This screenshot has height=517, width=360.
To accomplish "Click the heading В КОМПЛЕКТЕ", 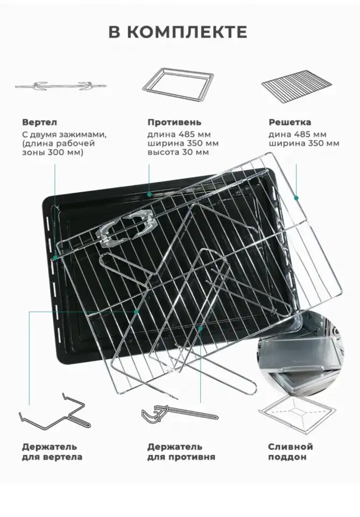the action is pyautogui.click(x=178, y=32).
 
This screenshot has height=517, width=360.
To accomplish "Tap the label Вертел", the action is pyautogui.click(x=39, y=122).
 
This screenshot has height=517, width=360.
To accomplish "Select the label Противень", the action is pyautogui.click(x=174, y=122).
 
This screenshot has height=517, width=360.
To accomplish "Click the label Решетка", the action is pyautogui.click(x=290, y=122).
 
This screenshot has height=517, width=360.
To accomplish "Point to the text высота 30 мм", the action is pyautogui.click(x=178, y=152).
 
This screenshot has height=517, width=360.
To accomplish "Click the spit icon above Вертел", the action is pyautogui.click(x=61, y=86).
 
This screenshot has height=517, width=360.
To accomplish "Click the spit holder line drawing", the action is pyautogui.click(x=55, y=411).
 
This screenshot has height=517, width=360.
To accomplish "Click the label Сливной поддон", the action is pyautogui.click(x=290, y=452).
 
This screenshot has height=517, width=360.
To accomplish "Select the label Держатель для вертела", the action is pyautogui.click(x=52, y=452).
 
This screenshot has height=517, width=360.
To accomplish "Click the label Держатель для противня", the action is pyautogui.click(x=181, y=452).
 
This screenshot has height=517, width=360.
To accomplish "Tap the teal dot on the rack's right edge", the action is pyautogui.click(x=296, y=198).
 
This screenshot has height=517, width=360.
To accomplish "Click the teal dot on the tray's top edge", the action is pyautogui.click(x=149, y=194).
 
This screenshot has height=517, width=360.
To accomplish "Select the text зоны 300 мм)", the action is pyautogui.click(x=53, y=152).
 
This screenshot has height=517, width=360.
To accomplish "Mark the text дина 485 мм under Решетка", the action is pyautogui.click(x=298, y=135).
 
